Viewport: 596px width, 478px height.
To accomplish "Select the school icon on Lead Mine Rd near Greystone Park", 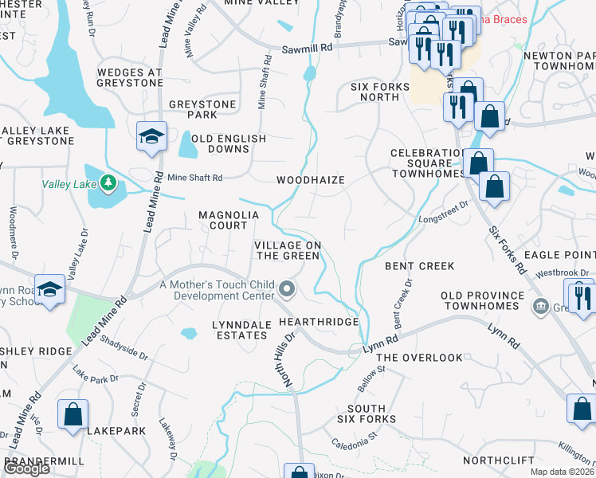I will (x=150, y=137).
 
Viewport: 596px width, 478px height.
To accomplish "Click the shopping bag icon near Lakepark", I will (x=73, y=415).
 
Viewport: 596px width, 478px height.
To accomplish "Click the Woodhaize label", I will (x=310, y=180).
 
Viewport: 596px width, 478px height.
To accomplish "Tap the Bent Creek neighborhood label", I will (x=419, y=265).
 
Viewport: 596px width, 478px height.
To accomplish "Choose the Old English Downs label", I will (x=227, y=143).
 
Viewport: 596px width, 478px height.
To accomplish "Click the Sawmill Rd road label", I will (x=307, y=48).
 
